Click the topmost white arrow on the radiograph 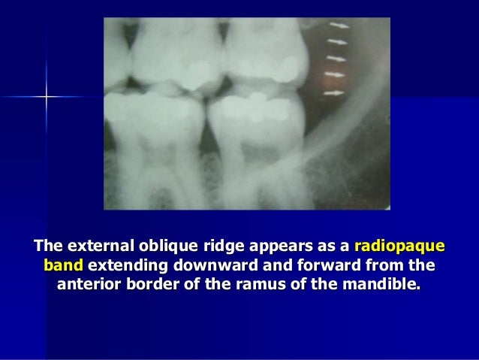339,26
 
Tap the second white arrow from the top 339,42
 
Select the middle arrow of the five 337,59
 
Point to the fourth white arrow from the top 336,75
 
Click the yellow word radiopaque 399,247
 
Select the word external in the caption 94,247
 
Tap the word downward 208,266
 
